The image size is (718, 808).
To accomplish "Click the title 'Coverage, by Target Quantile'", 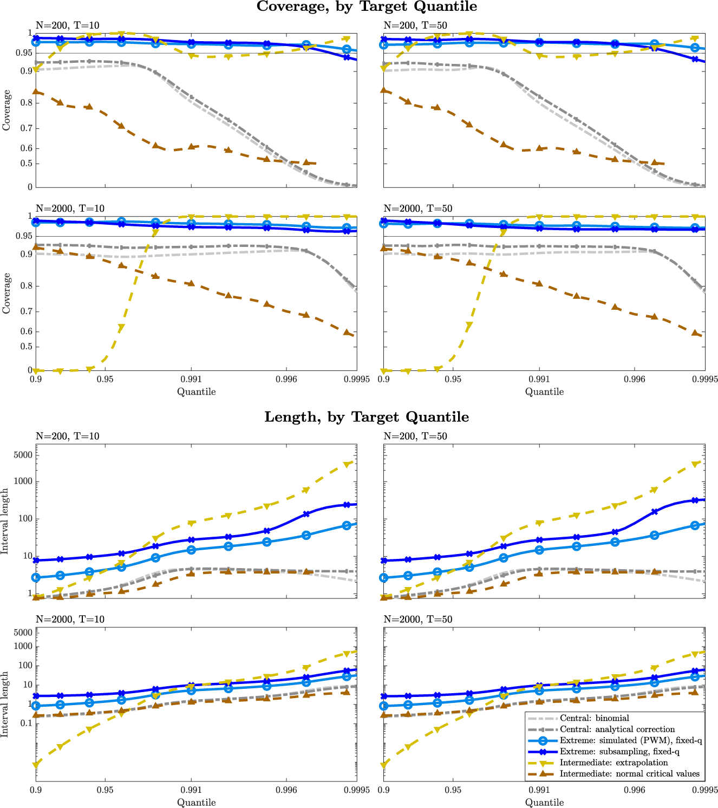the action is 367,6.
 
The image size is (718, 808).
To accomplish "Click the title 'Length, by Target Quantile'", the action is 367,417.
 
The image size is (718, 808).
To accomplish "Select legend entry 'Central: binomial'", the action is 595,718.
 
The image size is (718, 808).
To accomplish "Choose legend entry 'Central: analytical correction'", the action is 617,729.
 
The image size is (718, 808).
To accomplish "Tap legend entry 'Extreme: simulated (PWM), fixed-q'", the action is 631,741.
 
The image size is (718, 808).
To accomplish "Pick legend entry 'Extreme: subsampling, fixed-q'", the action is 619,752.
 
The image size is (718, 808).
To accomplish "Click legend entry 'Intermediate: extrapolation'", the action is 613,763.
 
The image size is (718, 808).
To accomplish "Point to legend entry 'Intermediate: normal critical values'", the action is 629,774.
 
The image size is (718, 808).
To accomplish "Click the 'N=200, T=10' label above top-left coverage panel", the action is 67,25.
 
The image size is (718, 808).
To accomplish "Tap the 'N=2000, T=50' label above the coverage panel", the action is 417,208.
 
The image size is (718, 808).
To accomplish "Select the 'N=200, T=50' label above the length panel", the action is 415,436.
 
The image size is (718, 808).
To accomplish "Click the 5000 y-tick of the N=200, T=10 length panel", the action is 23,455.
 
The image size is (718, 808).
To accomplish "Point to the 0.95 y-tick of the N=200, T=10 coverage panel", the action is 24,53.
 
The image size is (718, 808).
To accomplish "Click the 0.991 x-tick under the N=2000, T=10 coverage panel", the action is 191,379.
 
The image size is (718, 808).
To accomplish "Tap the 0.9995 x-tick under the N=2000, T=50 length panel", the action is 705,790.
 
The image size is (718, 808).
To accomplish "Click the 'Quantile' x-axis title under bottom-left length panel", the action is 196,803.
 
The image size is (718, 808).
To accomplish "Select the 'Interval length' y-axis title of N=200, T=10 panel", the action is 5,521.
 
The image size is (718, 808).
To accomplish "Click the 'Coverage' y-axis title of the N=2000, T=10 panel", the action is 6,293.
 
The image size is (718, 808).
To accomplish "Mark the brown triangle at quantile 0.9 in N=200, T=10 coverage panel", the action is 36,92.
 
